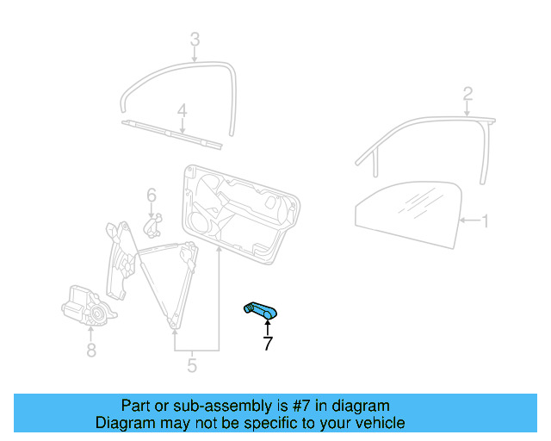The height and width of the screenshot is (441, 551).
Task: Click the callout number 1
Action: click(x=485, y=221)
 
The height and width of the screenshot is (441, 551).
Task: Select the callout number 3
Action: click(x=195, y=39)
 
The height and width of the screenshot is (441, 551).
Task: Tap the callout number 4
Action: click(x=182, y=110)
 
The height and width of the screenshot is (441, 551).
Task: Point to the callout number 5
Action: click(x=191, y=365)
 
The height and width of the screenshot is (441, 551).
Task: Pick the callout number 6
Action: click(x=151, y=195)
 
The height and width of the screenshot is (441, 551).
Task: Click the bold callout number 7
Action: click(x=267, y=345)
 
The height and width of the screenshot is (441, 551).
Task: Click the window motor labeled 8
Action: click(x=84, y=307)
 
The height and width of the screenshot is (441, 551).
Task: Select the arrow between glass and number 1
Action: click(x=467, y=221)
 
